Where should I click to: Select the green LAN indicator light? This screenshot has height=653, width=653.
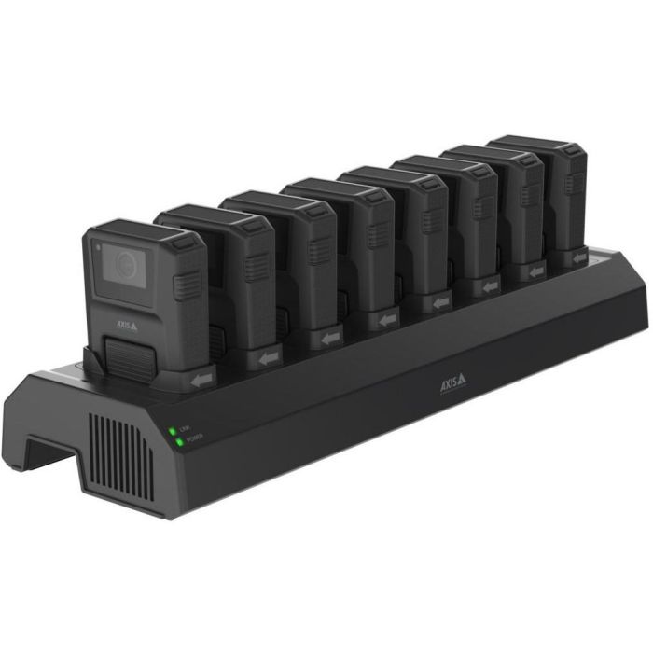click(x=173, y=430)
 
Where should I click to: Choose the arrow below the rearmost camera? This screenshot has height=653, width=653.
click(x=579, y=257)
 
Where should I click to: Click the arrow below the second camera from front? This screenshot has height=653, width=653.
click(x=270, y=357)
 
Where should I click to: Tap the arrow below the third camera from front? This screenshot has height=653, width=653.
click(x=330, y=337)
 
